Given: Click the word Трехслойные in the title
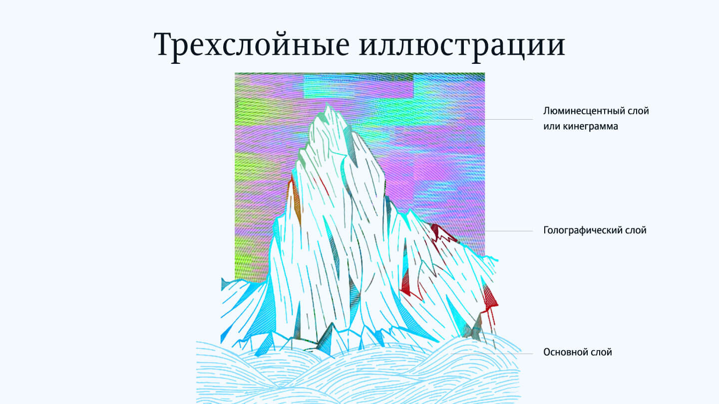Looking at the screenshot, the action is (x=251, y=45).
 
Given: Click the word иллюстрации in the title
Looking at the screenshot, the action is (x=462, y=45).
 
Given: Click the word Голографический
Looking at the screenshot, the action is (x=581, y=230).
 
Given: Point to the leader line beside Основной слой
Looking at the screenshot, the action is (x=492, y=354).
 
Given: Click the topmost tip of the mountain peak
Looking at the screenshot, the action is (x=327, y=104).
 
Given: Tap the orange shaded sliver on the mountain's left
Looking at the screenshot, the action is (x=297, y=202).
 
